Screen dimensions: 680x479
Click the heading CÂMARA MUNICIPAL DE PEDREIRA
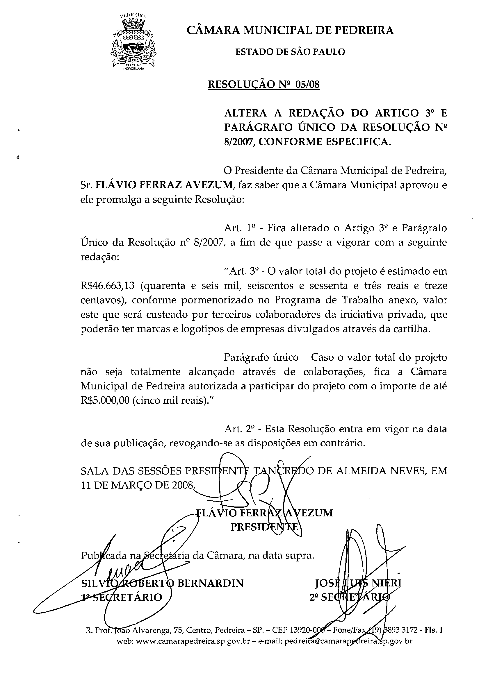[290, 31]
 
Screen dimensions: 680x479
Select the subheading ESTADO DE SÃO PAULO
[290, 52]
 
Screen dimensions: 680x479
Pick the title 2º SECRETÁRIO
[350, 597]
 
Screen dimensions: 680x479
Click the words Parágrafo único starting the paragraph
[261, 357]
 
